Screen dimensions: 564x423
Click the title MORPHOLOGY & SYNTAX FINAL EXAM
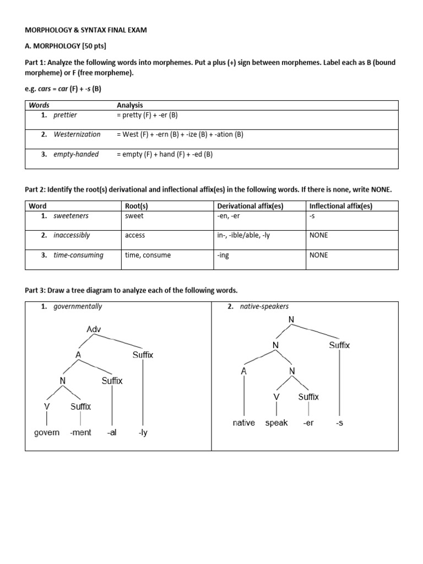click(86, 30)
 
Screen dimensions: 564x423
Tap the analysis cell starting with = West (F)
click(180, 134)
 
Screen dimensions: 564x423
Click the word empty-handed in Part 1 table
click(76, 154)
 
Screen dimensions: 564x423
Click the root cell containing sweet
click(134, 215)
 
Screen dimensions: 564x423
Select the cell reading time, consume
click(148, 255)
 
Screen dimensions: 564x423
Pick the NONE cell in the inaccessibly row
click(319, 235)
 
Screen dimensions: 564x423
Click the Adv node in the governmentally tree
click(94, 329)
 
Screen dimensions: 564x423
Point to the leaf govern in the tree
click(47, 432)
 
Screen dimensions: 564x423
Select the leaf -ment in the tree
click(80, 432)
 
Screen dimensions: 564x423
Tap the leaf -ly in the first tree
click(143, 432)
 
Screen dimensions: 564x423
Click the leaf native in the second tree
click(243, 423)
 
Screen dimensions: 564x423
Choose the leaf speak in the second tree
click(276, 423)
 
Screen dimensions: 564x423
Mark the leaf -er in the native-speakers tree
click(308, 423)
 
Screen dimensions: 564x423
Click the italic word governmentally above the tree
click(78, 307)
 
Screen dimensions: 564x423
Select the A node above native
click(243, 371)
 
